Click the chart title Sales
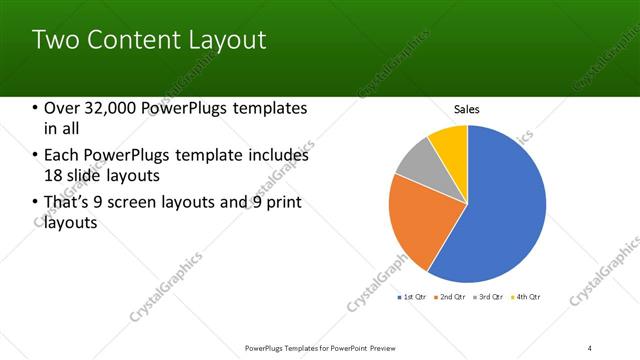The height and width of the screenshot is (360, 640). pyautogui.click(x=467, y=109)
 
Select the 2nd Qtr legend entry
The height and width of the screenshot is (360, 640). pyautogui.click(x=450, y=297)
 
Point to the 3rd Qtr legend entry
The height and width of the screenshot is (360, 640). pyautogui.click(x=487, y=297)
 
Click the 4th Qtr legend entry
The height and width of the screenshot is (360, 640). pyautogui.click(x=525, y=297)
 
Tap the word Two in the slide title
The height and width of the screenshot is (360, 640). pyautogui.click(x=56, y=40)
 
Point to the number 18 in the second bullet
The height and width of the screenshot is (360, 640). pyautogui.click(x=55, y=175)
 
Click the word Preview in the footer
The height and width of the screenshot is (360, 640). pyautogui.click(x=378, y=347)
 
